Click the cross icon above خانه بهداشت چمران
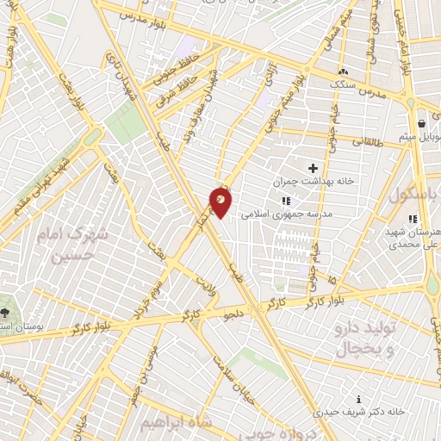313,167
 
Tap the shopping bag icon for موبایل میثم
421,121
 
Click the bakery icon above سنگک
344,71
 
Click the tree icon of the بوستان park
7,312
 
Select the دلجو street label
233,314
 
